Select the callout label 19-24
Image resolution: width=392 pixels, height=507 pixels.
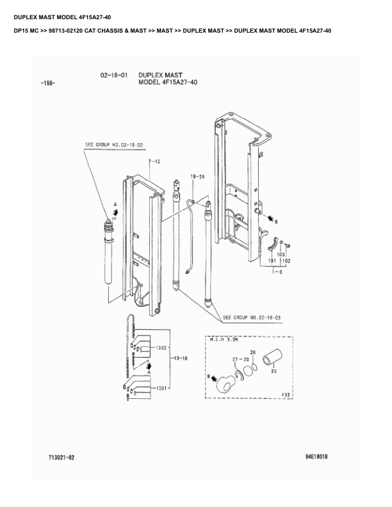(197, 175)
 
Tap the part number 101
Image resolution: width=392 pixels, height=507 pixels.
(272, 261)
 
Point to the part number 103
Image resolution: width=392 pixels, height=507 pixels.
(281, 255)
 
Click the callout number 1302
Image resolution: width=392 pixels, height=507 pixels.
(161, 348)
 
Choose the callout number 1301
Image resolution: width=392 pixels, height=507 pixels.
(161, 388)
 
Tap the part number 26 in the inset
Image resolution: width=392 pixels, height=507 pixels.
(253, 353)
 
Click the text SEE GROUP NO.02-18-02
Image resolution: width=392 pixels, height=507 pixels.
(114, 145)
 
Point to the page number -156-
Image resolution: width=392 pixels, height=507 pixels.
(47, 84)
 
